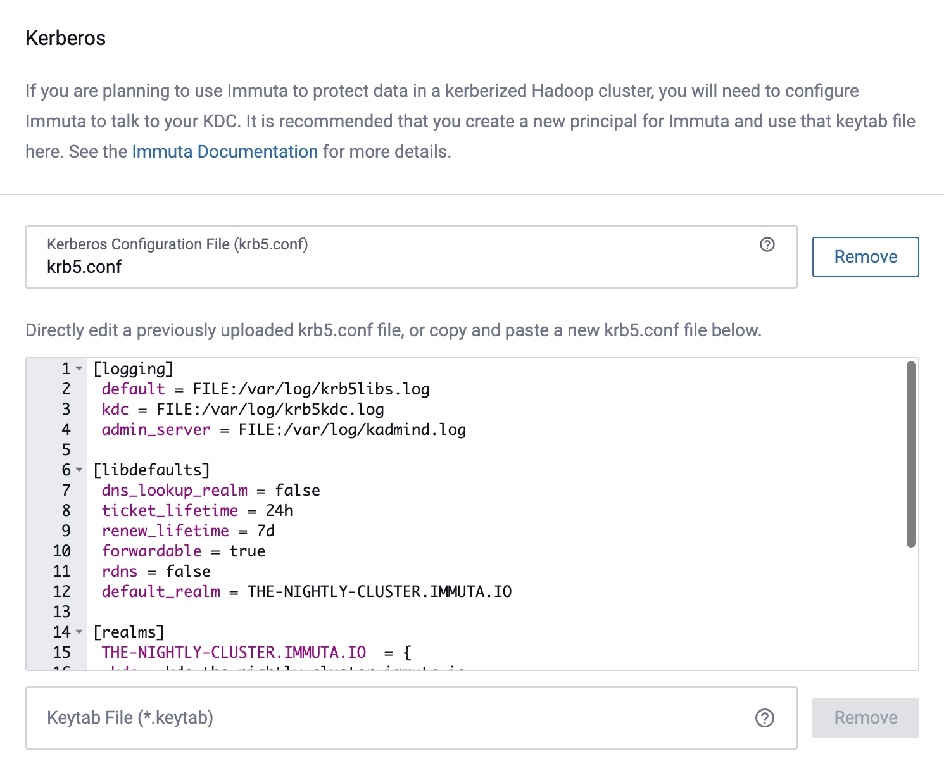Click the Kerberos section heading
65,38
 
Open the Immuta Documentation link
225,152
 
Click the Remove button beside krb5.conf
865,257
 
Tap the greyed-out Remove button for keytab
865,718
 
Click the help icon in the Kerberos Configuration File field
767,244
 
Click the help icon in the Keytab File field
764,718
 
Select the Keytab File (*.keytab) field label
130,718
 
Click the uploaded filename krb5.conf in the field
84,267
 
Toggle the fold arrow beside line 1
79,368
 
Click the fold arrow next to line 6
79,470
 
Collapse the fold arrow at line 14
79,632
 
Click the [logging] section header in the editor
133,368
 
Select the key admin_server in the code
156,430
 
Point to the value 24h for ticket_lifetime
279,511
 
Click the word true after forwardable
247,551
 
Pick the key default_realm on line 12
161,592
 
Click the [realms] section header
129,632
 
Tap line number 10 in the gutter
61,551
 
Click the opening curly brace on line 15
407,653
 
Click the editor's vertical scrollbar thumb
910,453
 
